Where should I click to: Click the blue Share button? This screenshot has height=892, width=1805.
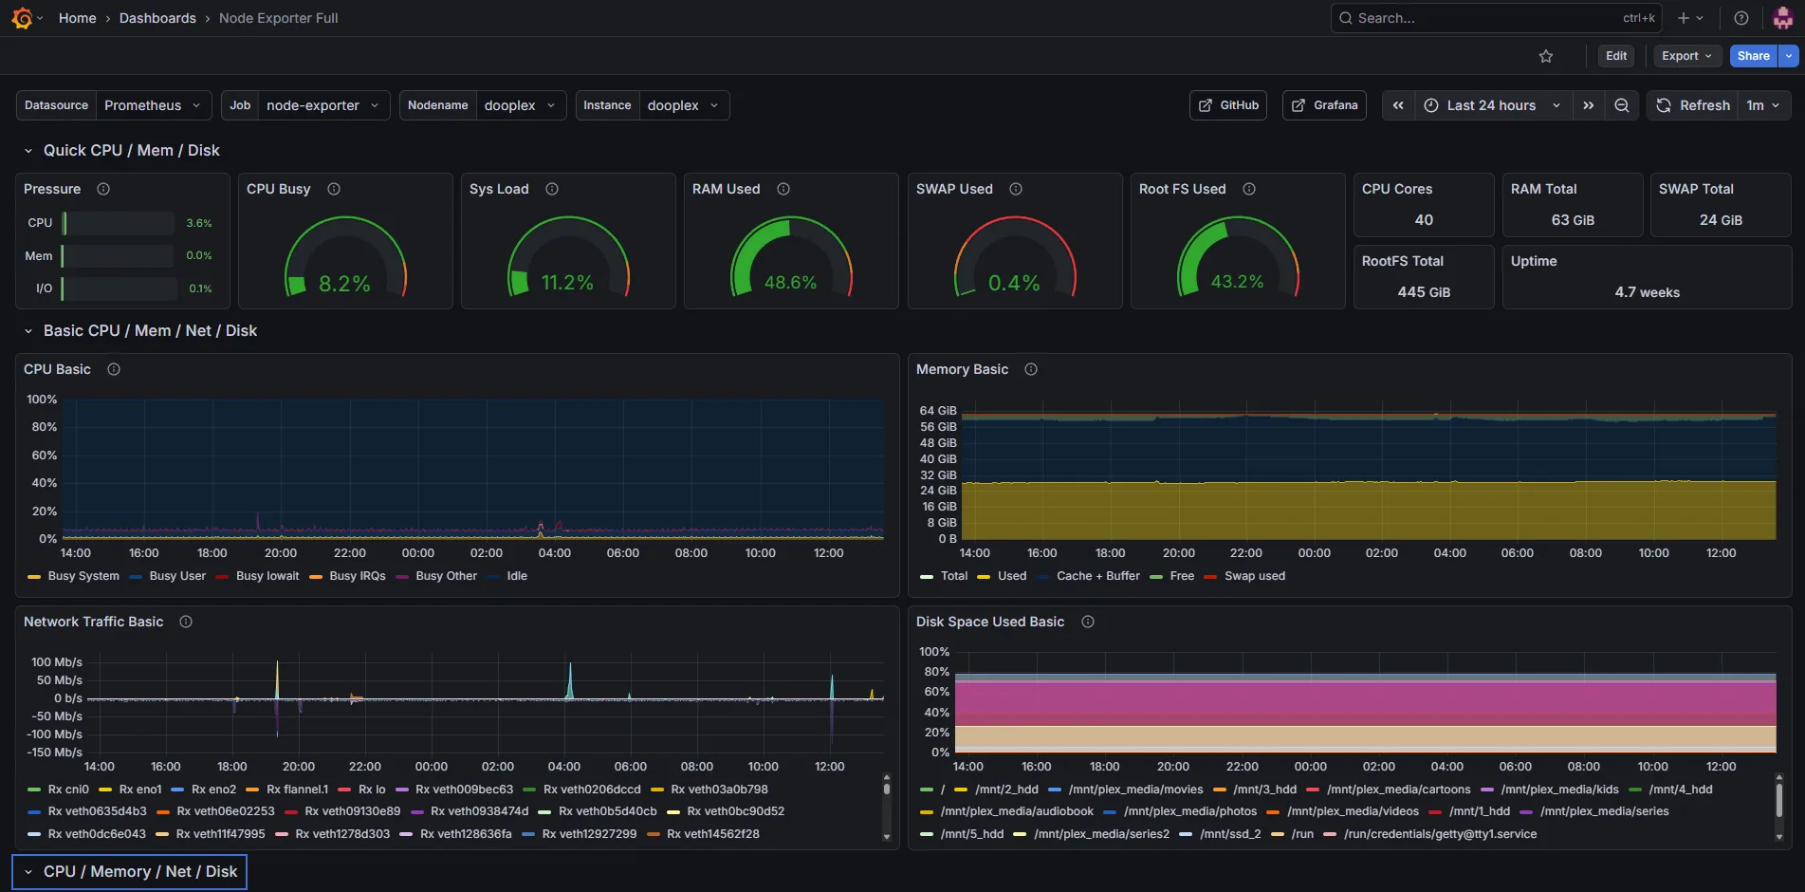(1753, 56)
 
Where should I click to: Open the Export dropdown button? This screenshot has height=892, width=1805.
(1686, 56)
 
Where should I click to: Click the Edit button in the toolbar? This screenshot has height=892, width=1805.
(1616, 56)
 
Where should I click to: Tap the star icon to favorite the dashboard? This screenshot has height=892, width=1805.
(1546, 56)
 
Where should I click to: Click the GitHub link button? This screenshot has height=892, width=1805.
(1228, 105)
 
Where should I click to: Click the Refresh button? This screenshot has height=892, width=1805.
(1694, 105)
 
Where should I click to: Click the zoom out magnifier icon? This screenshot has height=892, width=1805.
(1622, 105)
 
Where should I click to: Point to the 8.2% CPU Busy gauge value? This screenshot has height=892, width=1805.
(344, 284)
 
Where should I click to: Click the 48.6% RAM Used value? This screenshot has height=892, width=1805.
(790, 283)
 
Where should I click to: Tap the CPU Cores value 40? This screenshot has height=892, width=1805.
(1424, 220)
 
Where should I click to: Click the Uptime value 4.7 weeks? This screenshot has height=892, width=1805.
(1647, 292)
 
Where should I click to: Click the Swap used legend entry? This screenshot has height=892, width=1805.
(1244, 576)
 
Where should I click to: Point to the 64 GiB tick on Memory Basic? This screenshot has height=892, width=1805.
(938, 411)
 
